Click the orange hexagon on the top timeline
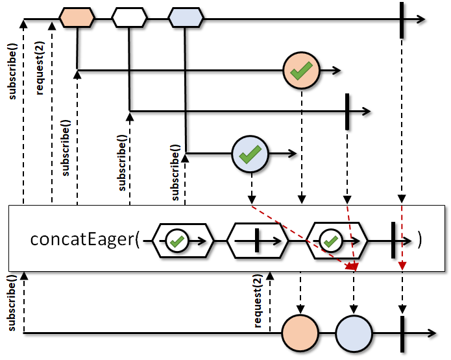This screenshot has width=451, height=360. pyautogui.click(x=77, y=18)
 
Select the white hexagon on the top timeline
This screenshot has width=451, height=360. pyautogui.click(x=129, y=18)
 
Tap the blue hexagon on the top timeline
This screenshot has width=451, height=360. pyautogui.click(x=186, y=18)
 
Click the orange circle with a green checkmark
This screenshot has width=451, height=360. pyautogui.click(x=302, y=71)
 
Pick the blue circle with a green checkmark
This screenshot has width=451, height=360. pyautogui.click(x=250, y=154)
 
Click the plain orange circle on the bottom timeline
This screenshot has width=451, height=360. pyautogui.click(x=300, y=333)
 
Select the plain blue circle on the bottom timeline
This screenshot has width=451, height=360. pyautogui.click(x=354, y=333)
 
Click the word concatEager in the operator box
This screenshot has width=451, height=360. pyautogui.click(x=82, y=239)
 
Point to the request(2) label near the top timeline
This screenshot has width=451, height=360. pyautogui.click(x=40, y=68)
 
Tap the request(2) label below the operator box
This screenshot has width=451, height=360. pyautogui.click(x=258, y=301)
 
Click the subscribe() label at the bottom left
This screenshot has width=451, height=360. pyautogui.click(x=12, y=303)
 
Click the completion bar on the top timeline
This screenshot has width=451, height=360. pyautogui.click(x=402, y=20)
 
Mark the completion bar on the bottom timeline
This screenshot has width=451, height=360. pyautogui.click(x=402, y=334)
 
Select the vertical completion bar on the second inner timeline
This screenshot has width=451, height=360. pyautogui.click(x=347, y=112)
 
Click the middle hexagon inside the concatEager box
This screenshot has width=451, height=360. pyautogui.click(x=258, y=241)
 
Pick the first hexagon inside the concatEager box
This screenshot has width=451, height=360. pyautogui.click(x=183, y=241)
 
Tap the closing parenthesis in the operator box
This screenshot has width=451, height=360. pyautogui.click(x=420, y=240)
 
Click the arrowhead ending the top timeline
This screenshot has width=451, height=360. pyautogui.click(x=421, y=19)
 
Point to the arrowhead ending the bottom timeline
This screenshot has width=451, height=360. pyautogui.click(x=432, y=333)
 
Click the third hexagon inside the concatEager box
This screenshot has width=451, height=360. pyautogui.click(x=337, y=241)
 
